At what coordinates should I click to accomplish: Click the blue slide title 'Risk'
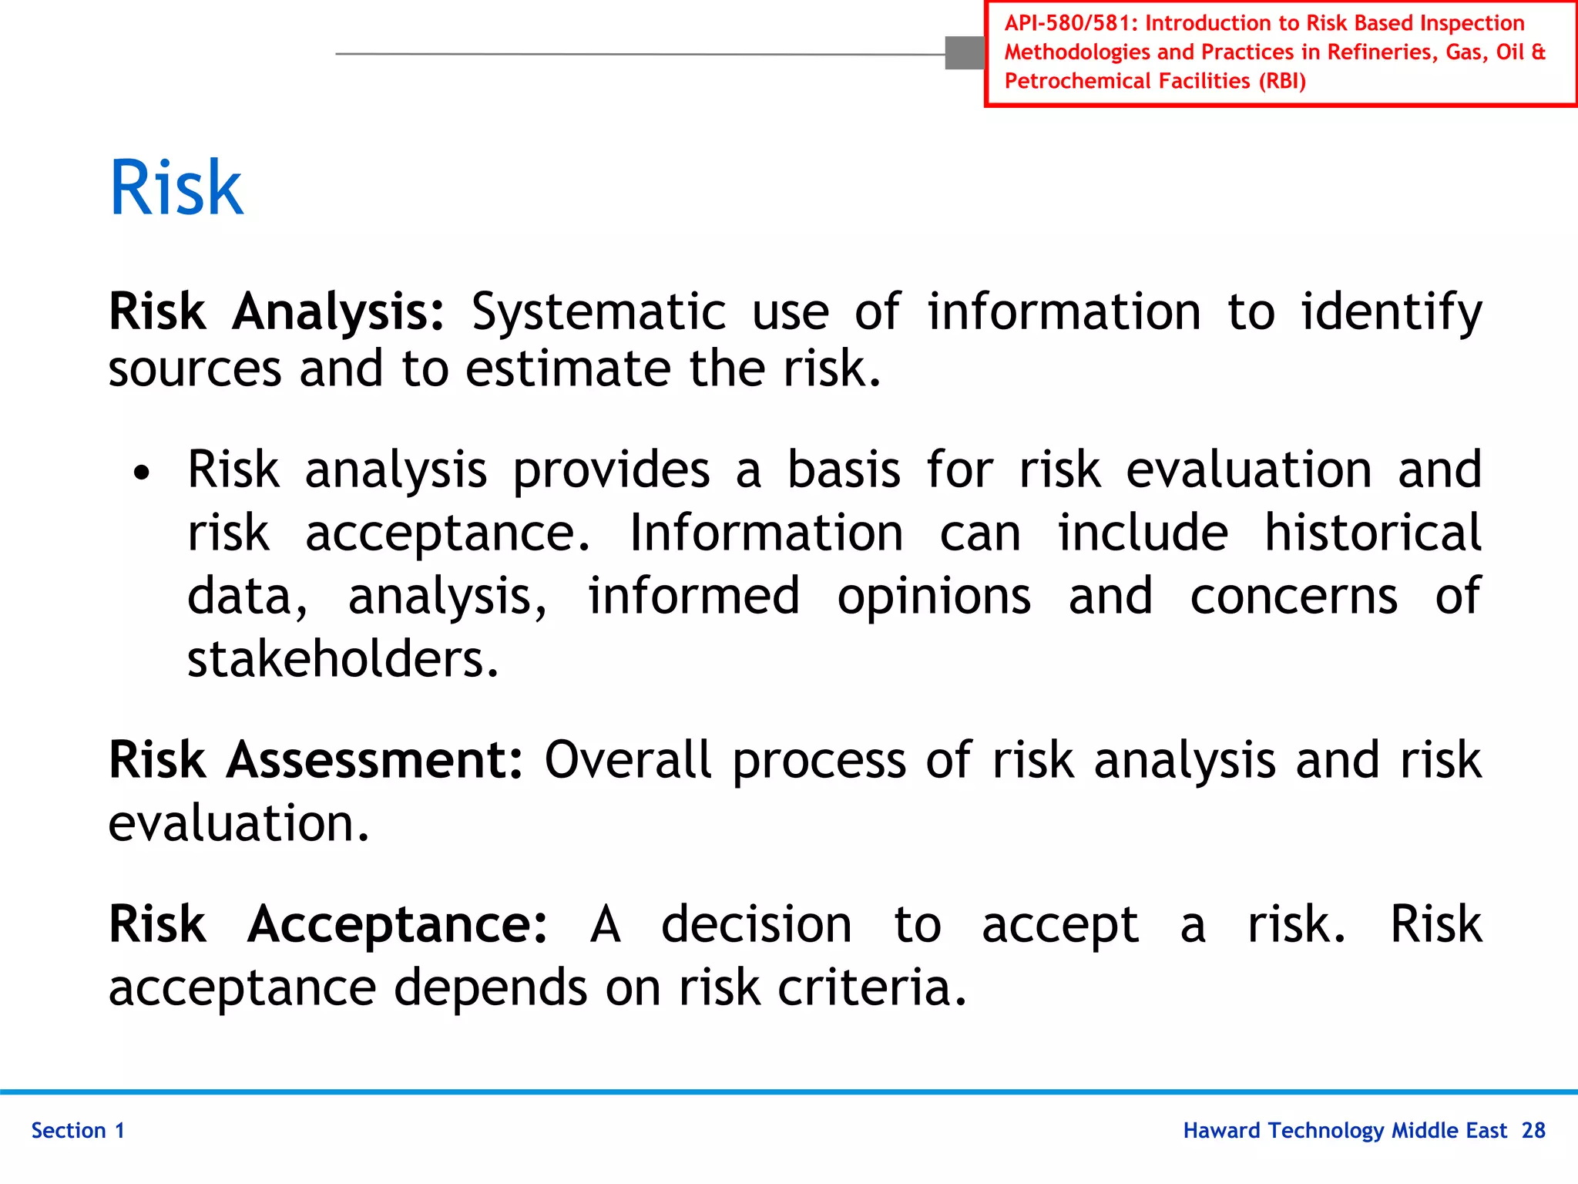coord(176,187)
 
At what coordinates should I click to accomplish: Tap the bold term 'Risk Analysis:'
coord(277,312)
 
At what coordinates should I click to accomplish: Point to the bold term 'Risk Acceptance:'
coord(328,924)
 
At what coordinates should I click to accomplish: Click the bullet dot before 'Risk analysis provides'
coord(141,473)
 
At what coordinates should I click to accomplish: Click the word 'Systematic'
coord(599,312)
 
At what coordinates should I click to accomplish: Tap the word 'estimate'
coord(568,368)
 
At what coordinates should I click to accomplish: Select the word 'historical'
coord(1372,533)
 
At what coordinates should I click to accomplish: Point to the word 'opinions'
coord(934,597)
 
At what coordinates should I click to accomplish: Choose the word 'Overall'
coord(627,760)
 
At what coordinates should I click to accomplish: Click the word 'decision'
coord(756,924)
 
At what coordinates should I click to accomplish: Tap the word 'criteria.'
coord(871,988)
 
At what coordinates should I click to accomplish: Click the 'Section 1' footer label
coord(78,1131)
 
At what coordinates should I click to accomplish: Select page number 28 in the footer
coord(1533,1131)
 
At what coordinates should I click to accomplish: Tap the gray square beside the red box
coord(965,53)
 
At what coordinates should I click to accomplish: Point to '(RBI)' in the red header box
coord(1282,81)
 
